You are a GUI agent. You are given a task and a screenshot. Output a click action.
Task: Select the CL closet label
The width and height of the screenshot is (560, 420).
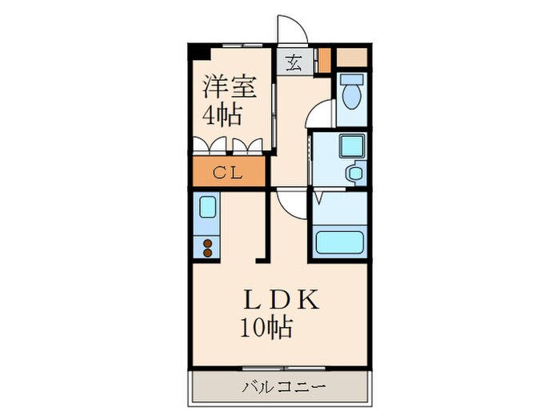point(228,171)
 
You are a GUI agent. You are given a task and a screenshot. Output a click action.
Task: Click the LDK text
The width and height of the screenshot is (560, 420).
point(282,299)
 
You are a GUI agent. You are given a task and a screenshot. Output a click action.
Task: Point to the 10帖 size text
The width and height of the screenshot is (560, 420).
point(265,326)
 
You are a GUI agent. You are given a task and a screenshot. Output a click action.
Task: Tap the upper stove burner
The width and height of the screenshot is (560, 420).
point(208,242)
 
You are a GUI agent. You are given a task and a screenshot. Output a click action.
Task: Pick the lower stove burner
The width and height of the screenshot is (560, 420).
point(208,253)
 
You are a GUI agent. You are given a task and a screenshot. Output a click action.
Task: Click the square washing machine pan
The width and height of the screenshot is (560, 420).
point(350,146)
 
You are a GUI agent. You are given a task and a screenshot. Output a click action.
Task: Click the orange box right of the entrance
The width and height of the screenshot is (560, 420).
point(325,61)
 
